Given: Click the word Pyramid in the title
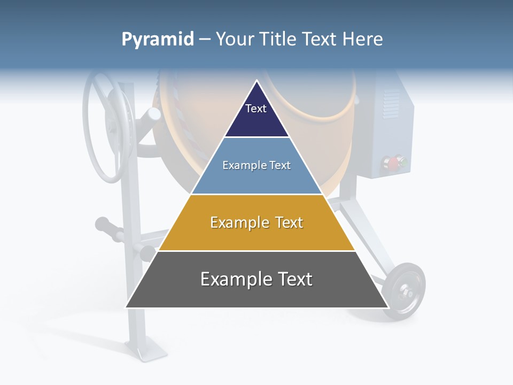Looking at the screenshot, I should [157, 40].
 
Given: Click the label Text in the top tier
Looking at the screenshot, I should [255, 109].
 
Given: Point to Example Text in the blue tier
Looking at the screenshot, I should [256, 165].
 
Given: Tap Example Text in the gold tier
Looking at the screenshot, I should [256, 222].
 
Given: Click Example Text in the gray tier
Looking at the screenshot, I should [256, 279].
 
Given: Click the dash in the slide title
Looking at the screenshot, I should [205, 40].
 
